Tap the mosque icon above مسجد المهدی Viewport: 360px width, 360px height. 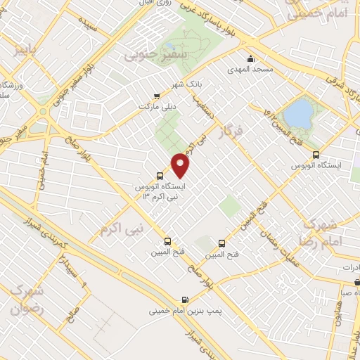tap(250, 58)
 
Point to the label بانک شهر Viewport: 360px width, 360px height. tap(188, 84)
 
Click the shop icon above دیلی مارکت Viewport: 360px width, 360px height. tap(157, 97)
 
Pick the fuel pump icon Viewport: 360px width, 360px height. tap(185, 298)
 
